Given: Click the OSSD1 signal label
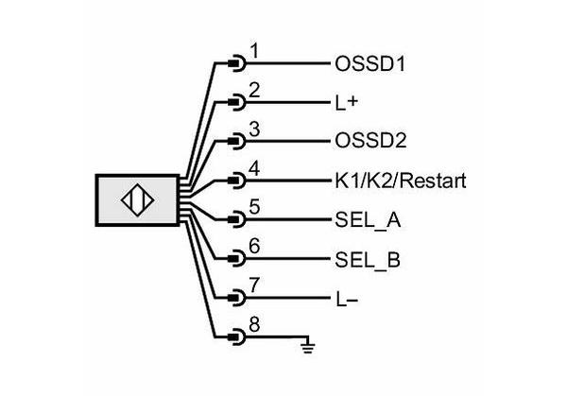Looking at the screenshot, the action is tap(369, 64).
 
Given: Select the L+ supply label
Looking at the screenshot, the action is tap(347, 103).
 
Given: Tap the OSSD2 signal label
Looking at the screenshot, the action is tap(370, 141).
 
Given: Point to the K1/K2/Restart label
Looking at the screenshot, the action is tap(401, 181).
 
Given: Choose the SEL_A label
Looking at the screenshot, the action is tap(368, 219).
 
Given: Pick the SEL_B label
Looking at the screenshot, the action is tap(368, 259).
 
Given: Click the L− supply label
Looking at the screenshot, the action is tap(347, 299).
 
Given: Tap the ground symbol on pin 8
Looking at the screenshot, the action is tap(308, 345).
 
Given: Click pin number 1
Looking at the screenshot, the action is tap(254, 51).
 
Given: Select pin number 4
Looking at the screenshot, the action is tap(254, 168).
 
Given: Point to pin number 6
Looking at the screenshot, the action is tap(254, 246).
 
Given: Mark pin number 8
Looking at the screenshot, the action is tap(254, 324).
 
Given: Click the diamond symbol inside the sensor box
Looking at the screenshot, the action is tap(137, 200).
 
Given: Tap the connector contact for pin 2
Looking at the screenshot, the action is tap(237, 103).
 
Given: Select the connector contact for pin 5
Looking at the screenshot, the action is tap(237, 219).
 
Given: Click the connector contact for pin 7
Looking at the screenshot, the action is tap(237, 298).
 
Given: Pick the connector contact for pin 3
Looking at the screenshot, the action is tap(237, 142).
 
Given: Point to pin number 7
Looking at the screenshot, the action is tap(254, 285).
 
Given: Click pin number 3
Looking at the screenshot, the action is tap(254, 129).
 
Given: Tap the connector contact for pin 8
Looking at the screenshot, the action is tap(237, 337).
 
